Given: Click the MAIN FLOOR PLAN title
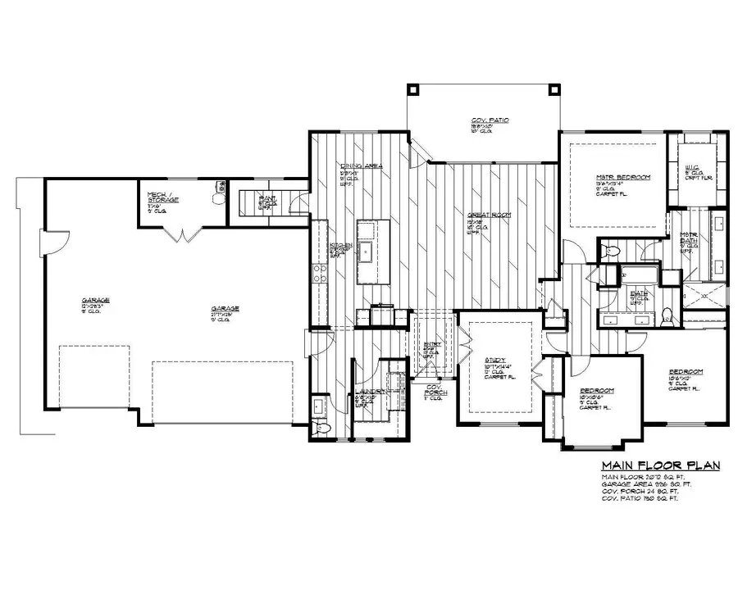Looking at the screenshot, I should click(661, 466).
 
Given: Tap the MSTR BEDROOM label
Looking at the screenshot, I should click(623, 177).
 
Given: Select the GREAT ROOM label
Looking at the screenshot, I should click(490, 215).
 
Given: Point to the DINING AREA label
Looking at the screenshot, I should click(362, 166).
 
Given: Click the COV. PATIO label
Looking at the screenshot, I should click(490, 120).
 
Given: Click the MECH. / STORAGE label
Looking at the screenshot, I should click(163, 197).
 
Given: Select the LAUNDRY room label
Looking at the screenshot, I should click(371, 392).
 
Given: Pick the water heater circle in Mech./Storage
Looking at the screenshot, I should click(219, 198).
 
